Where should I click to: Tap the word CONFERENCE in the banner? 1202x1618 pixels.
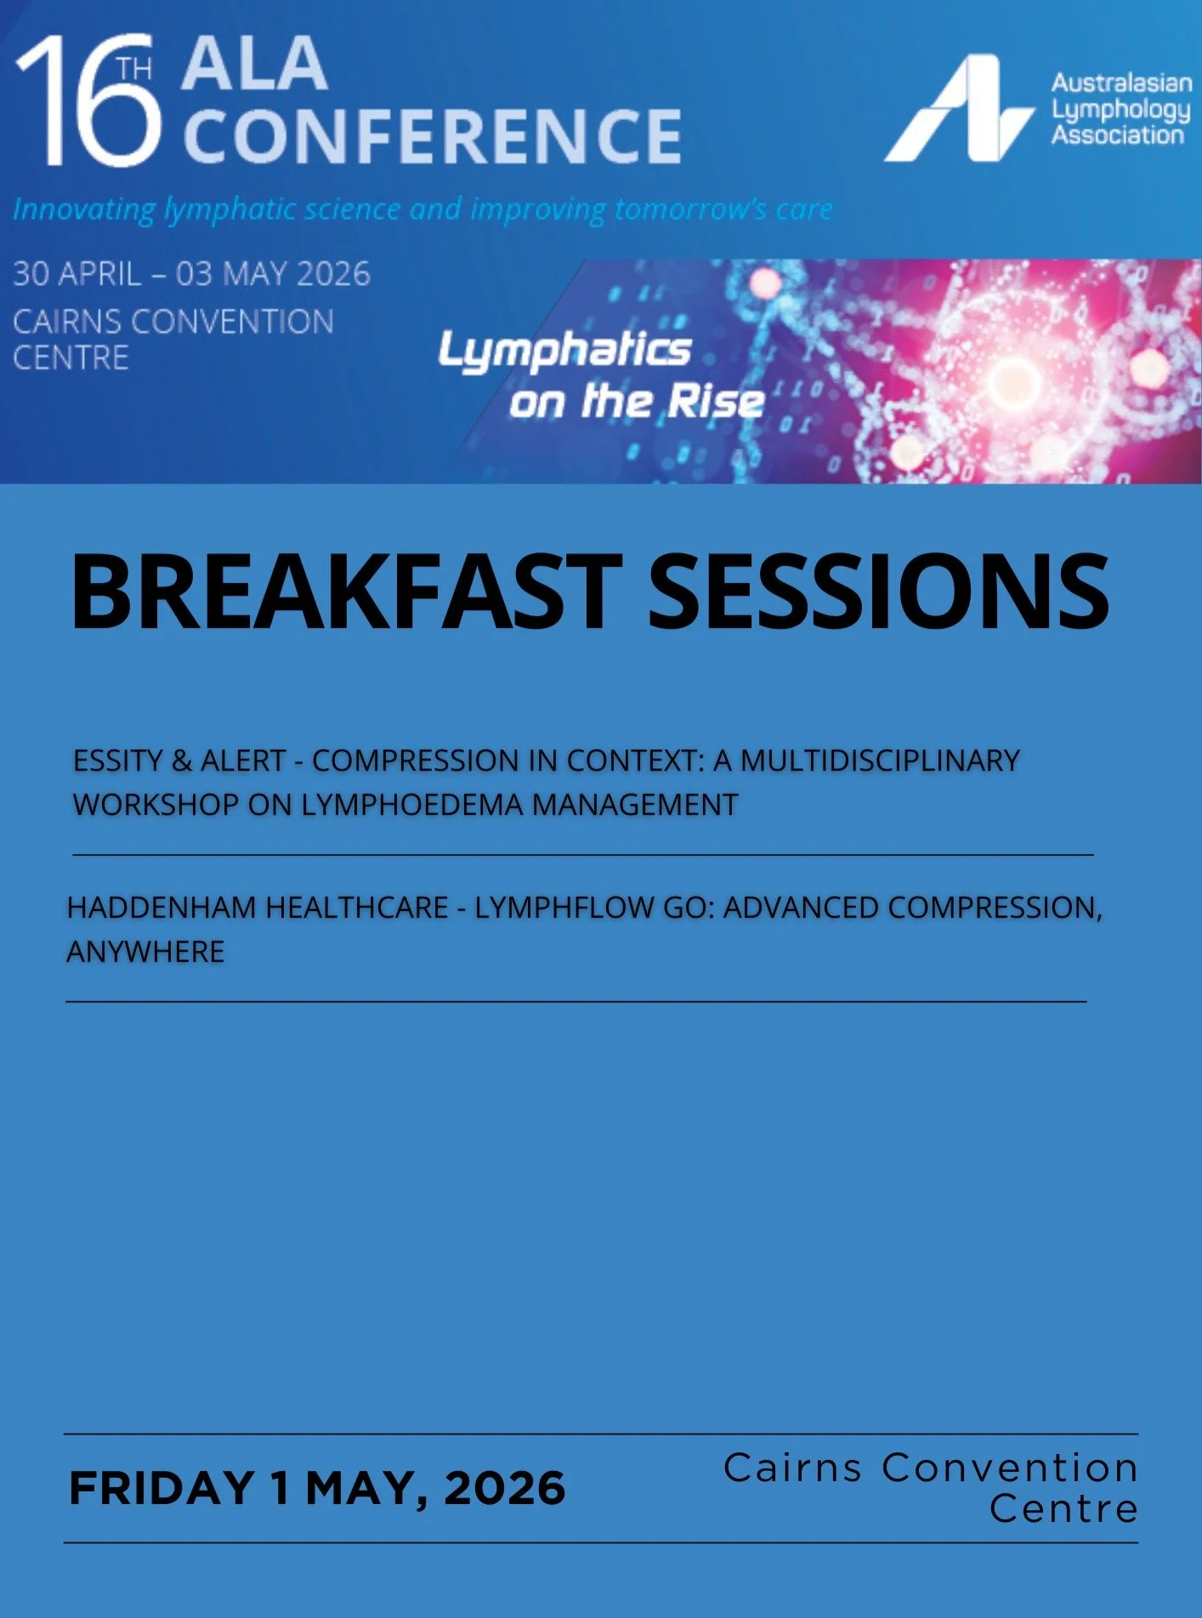pos(432,136)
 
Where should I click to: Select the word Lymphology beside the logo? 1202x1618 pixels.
pos(1120,110)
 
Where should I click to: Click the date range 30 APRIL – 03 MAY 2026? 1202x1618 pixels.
pos(192,274)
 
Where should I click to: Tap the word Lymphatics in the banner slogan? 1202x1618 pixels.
pos(565,350)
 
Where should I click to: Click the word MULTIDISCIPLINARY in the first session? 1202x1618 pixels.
pos(880,761)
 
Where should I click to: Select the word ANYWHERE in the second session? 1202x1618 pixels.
pos(145,952)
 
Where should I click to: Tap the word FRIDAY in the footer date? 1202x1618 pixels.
pos(162,1488)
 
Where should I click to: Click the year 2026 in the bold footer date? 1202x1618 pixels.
pos(504,1488)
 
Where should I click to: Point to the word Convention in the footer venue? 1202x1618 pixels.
pos(1010,1468)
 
